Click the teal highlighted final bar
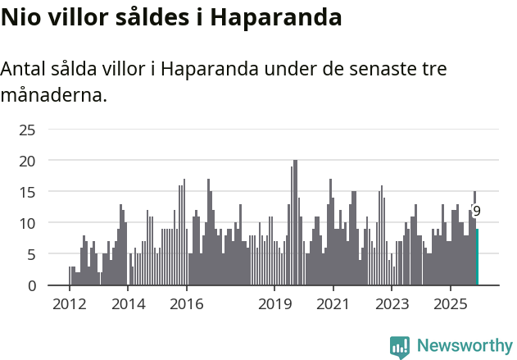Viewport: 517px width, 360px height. click(478, 257)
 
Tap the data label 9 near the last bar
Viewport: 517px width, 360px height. click(477, 212)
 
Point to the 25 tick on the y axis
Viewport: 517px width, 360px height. click(27, 130)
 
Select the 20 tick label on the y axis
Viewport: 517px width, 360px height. click(27, 161)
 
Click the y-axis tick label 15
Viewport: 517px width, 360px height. click(27, 192)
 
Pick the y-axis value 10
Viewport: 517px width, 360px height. click(27, 223)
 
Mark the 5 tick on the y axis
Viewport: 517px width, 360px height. click(31, 254)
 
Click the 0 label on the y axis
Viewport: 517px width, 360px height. click(31, 285)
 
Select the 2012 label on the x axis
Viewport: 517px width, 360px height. click(69, 305)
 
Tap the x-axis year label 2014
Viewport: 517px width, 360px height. click(128, 305)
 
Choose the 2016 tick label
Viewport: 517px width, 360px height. click(187, 305)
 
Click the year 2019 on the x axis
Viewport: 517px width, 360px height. click(274, 305)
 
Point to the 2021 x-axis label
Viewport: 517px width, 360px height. click(333, 305)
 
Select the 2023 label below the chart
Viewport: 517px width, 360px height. click(392, 305)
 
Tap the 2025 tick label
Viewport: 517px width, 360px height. click(451, 305)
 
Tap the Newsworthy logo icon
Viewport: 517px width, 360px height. click(400, 347)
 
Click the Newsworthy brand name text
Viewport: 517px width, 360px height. click(464, 346)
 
